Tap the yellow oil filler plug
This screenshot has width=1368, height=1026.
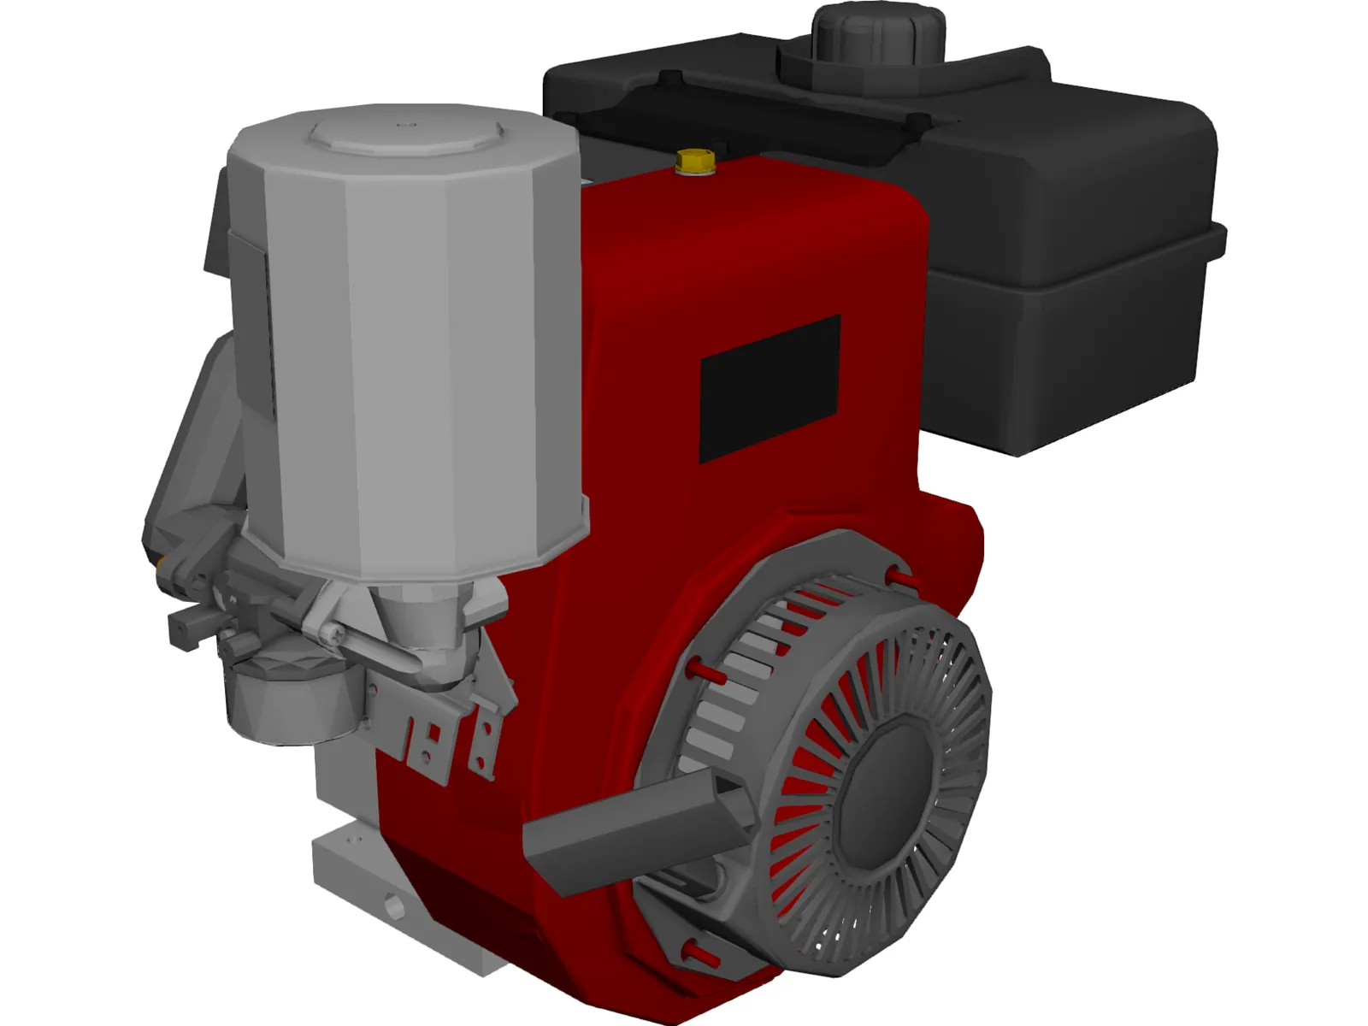coord(694,162)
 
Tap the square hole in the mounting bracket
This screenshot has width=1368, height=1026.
coord(433,733)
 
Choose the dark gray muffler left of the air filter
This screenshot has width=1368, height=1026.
coord(192,445)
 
